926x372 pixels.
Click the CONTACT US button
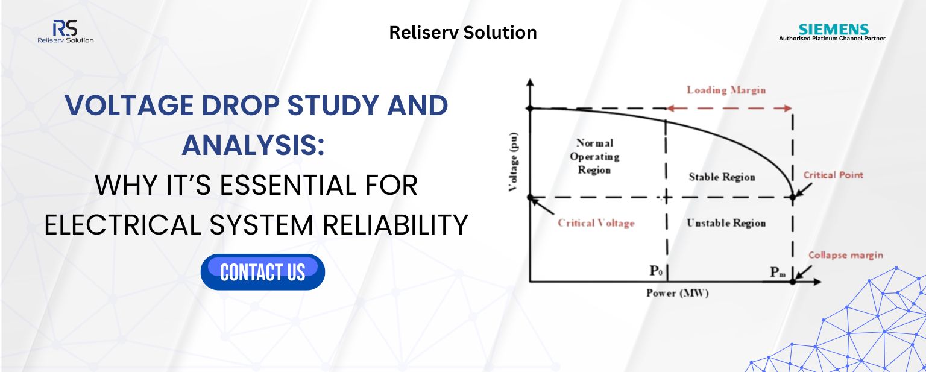tap(262, 272)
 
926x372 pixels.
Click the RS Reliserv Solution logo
tap(65, 31)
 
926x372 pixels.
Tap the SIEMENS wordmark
tap(833, 29)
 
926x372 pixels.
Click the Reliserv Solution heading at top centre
tap(463, 32)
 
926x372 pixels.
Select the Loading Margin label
tap(726, 90)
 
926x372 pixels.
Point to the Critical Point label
tap(833, 175)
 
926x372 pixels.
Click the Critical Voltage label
tap(596, 223)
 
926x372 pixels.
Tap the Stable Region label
tap(722, 177)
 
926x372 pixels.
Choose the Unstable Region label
tap(726, 223)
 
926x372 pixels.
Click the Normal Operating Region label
tap(594, 156)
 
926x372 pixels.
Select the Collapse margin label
tap(845, 255)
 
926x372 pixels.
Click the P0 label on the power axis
tap(656, 271)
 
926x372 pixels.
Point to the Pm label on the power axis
tap(778, 272)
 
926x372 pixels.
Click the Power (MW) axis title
tap(678, 293)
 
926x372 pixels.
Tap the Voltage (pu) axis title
tap(513, 162)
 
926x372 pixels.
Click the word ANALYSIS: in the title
tap(253, 145)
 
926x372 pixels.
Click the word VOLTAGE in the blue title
tap(129, 105)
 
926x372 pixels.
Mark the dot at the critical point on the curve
tap(793, 197)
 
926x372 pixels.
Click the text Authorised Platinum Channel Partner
tap(832, 39)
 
